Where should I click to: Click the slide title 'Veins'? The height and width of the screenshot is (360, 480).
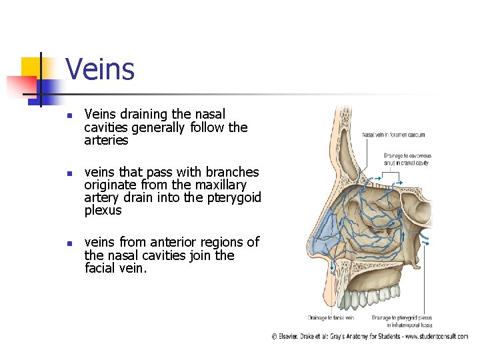click(x=100, y=69)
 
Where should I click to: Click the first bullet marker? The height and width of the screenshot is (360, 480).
click(x=69, y=115)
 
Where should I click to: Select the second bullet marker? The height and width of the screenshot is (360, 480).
click(x=69, y=173)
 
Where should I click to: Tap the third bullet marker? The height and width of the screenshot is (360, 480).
click(x=69, y=243)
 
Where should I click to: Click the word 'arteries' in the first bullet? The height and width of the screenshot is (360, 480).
click(x=106, y=141)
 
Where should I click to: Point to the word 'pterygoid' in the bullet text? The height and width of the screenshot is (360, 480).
click(x=233, y=197)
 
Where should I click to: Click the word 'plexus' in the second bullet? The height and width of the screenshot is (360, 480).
click(x=103, y=211)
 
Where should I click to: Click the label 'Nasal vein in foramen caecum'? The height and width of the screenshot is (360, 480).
click(x=393, y=134)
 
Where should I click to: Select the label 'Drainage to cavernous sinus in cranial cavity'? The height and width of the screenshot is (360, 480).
click(x=407, y=159)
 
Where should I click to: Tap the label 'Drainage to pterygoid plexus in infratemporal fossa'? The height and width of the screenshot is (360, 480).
click(x=401, y=321)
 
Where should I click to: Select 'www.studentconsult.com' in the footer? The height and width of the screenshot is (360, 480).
click(x=436, y=337)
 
